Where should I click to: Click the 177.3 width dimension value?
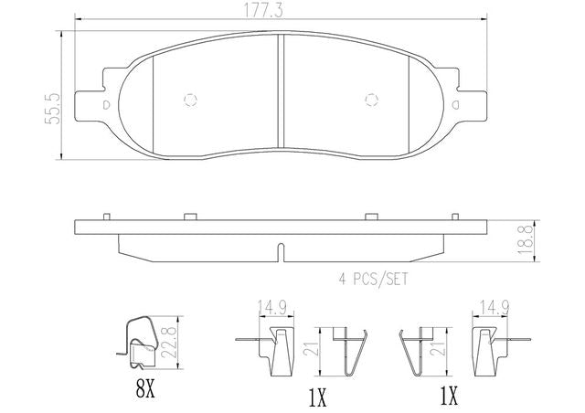coord(263,10)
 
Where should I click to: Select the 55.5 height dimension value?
coord(53,109)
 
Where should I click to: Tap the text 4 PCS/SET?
coord(374,279)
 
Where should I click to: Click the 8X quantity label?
coord(145,390)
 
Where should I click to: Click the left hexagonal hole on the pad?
coord(191,100)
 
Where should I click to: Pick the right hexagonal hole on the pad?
coord(372,100)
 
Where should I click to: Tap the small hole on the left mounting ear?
coord(106,105)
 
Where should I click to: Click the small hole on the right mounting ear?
coord(455,105)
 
